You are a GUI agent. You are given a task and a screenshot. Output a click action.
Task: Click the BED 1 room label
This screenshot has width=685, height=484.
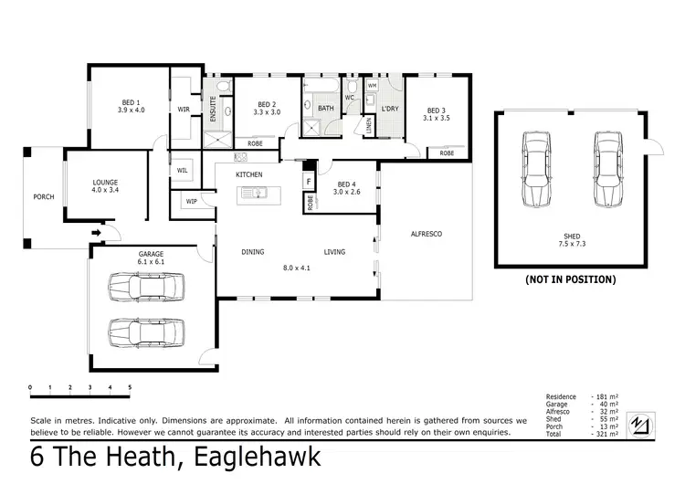(131, 102)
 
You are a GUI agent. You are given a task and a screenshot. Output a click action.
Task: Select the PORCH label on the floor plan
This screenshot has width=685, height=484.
(43, 195)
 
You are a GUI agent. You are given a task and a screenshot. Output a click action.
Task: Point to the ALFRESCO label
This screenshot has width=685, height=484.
(425, 235)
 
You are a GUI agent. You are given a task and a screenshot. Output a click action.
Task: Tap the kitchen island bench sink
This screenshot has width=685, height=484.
(259, 193)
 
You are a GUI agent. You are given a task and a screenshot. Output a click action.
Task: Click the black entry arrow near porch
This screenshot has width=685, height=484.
(94, 234)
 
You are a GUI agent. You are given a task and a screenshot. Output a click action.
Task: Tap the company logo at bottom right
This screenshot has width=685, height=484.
(643, 426)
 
